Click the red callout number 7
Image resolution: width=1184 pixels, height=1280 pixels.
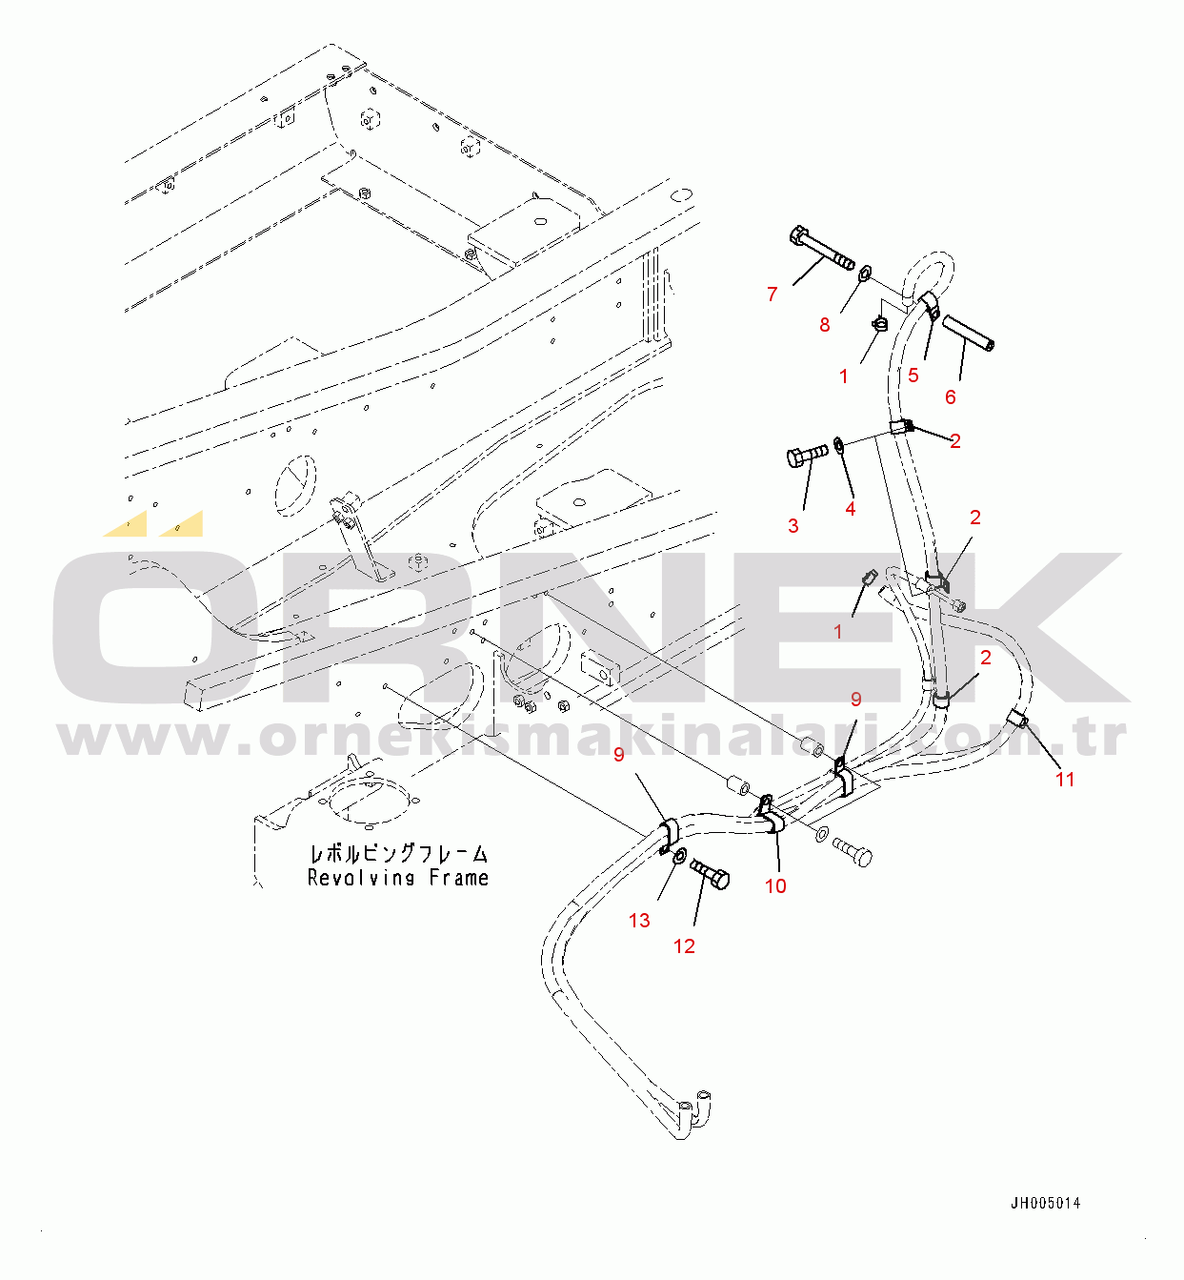[773, 295]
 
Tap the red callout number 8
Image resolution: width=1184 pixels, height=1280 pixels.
[825, 325]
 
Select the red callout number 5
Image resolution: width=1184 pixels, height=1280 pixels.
[913, 376]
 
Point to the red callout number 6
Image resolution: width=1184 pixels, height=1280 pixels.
[951, 397]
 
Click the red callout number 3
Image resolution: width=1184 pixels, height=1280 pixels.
[793, 526]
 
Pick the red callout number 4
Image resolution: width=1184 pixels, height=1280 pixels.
[851, 509]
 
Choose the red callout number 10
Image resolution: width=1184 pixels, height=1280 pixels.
[775, 886]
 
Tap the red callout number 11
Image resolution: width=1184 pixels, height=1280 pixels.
[1065, 780]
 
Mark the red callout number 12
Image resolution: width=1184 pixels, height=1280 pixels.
[684, 946]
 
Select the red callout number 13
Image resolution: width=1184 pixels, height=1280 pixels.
[639, 921]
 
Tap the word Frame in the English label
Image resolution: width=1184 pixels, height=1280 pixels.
[459, 878]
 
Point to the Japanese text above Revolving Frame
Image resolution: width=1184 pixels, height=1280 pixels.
[399, 854]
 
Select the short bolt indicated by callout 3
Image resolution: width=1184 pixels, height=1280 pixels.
[808, 456]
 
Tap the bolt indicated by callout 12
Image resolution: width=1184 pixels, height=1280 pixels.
[710, 875]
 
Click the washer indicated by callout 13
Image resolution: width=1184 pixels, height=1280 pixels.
[679, 857]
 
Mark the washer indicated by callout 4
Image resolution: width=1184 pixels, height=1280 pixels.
[839, 445]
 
